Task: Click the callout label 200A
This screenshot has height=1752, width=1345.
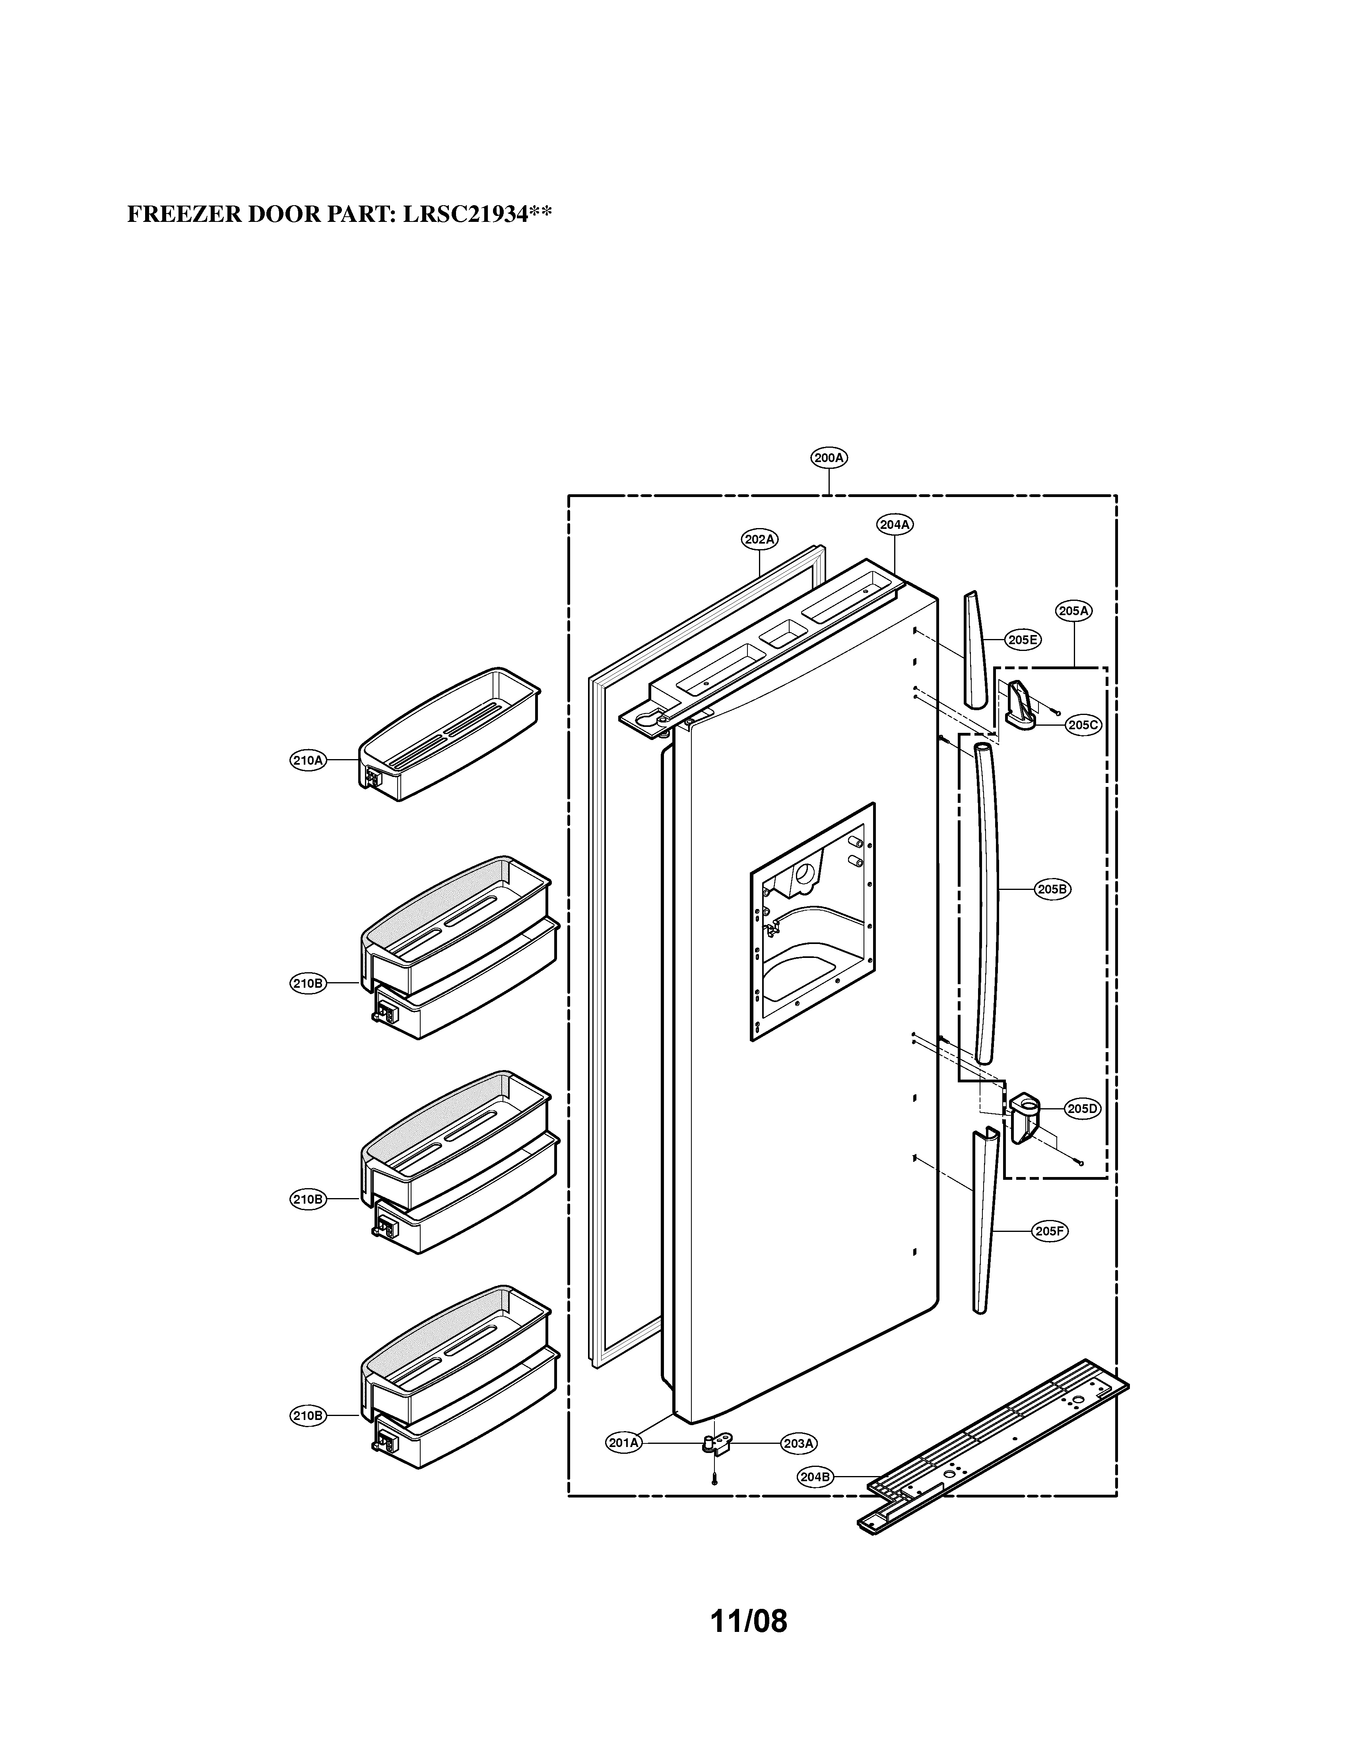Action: (829, 458)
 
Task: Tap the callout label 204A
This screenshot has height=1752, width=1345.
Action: (894, 524)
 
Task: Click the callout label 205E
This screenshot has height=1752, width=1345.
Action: (1022, 640)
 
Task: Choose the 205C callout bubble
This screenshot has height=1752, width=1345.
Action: (1083, 725)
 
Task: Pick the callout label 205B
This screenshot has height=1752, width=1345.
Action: (1052, 889)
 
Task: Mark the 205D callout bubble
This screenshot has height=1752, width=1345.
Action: (1083, 1109)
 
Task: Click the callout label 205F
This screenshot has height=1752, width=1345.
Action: (1049, 1231)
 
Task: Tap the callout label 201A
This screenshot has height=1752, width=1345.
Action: (624, 1443)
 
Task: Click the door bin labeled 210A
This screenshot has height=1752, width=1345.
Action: (448, 737)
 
